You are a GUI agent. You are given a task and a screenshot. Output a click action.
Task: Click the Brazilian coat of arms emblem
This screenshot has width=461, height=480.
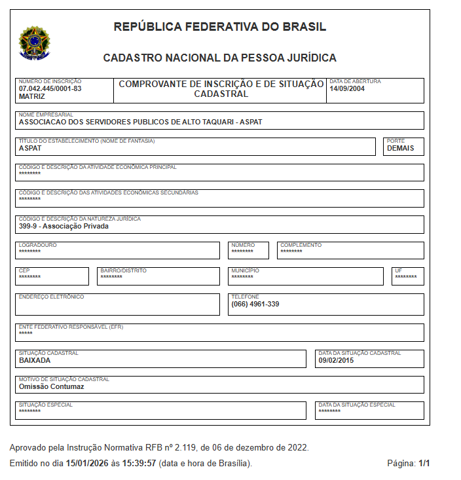32,41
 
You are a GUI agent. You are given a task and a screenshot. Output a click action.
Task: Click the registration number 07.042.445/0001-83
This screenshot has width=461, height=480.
50,88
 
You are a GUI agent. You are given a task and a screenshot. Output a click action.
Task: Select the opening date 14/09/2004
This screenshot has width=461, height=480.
347,89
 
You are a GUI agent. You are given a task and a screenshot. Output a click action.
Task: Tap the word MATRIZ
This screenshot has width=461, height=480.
32,96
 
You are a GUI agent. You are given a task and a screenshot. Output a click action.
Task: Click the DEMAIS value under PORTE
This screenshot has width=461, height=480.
401,148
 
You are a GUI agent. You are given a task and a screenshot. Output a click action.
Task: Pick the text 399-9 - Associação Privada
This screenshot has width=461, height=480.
64,226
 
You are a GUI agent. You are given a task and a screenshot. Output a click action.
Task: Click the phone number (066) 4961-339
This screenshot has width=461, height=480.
255,304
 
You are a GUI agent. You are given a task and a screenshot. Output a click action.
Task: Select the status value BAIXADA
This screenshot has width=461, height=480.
35,360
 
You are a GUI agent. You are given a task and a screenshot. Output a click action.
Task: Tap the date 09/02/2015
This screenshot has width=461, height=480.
337,360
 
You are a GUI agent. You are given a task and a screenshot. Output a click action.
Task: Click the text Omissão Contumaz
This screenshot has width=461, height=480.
52,386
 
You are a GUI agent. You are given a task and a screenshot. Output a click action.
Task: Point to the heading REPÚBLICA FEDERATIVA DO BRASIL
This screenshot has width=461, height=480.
220,27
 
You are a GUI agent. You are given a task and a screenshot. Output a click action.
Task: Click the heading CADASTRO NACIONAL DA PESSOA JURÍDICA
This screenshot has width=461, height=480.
220,58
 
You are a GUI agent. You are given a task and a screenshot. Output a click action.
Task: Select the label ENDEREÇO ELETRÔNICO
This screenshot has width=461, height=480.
52,297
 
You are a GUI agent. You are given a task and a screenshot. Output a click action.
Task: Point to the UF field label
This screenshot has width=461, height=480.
399,270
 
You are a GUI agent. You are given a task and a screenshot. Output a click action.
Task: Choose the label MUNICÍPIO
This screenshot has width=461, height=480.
245,270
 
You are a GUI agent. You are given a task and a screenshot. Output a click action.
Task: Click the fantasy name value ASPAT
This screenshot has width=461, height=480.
29,148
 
